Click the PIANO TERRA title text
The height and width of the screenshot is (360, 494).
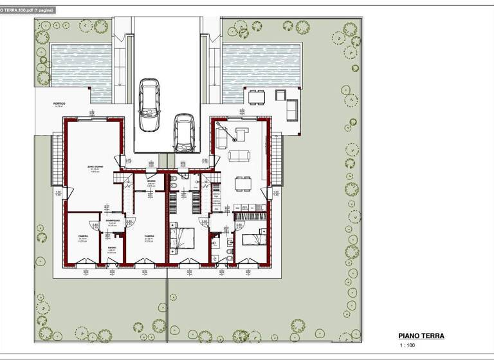click(x=421, y=336)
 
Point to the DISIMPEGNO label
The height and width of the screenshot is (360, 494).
click(x=113, y=222)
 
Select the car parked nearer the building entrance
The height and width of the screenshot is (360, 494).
click(x=184, y=132)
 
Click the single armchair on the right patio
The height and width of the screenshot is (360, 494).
click(x=281, y=95)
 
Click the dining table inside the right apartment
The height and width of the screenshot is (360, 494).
click(x=243, y=184)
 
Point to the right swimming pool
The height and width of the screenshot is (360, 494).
click(x=262, y=65)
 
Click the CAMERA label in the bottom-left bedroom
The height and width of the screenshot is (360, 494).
click(x=84, y=237)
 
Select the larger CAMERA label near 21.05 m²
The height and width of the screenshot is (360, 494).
click(x=149, y=237)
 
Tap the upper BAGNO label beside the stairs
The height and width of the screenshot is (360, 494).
click(x=151, y=182)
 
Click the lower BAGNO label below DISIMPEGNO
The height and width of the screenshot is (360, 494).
click(x=112, y=248)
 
